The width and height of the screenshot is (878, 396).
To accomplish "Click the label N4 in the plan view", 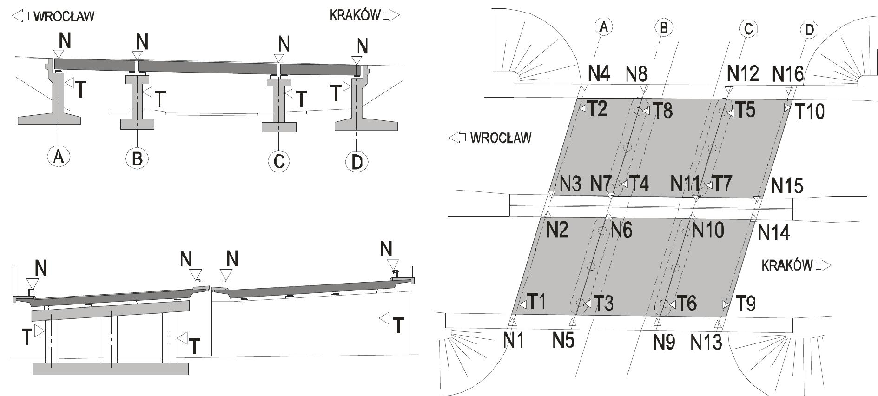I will pyautogui.click(x=599, y=73).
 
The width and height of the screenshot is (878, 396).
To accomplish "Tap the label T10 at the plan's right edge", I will pyautogui.click(x=809, y=112).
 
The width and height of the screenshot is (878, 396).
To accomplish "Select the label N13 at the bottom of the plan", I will pyautogui.click(x=706, y=342).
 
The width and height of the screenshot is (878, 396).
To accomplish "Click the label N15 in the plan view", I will pyautogui.click(x=787, y=186).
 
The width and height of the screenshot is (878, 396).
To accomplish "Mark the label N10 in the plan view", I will pyautogui.click(x=708, y=230).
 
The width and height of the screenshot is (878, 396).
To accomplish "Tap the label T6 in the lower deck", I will pyautogui.click(x=686, y=304).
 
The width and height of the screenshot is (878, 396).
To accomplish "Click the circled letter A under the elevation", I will pyautogui.click(x=59, y=156).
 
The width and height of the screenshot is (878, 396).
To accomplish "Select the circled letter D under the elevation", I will pyautogui.click(x=357, y=162).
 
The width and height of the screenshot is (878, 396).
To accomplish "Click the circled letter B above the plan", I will pyautogui.click(x=664, y=28).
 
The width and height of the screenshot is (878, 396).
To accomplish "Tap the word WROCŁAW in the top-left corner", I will pyautogui.click(x=64, y=17).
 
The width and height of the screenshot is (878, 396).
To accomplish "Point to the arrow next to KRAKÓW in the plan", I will pyautogui.click(x=823, y=265).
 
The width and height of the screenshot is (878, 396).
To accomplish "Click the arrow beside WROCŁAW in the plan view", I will pyautogui.click(x=457, y=138).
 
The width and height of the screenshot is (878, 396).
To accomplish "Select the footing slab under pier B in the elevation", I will pyautogui.click(x=137, y=124).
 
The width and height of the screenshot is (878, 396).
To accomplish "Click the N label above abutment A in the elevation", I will pyautogui.click(x=65, y=41).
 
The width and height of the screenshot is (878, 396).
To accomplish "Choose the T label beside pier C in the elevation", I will pyautogui.click(x=301, y=99).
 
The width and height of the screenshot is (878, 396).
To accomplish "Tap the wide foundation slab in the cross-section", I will pyautogui.click(x=111, y=369).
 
